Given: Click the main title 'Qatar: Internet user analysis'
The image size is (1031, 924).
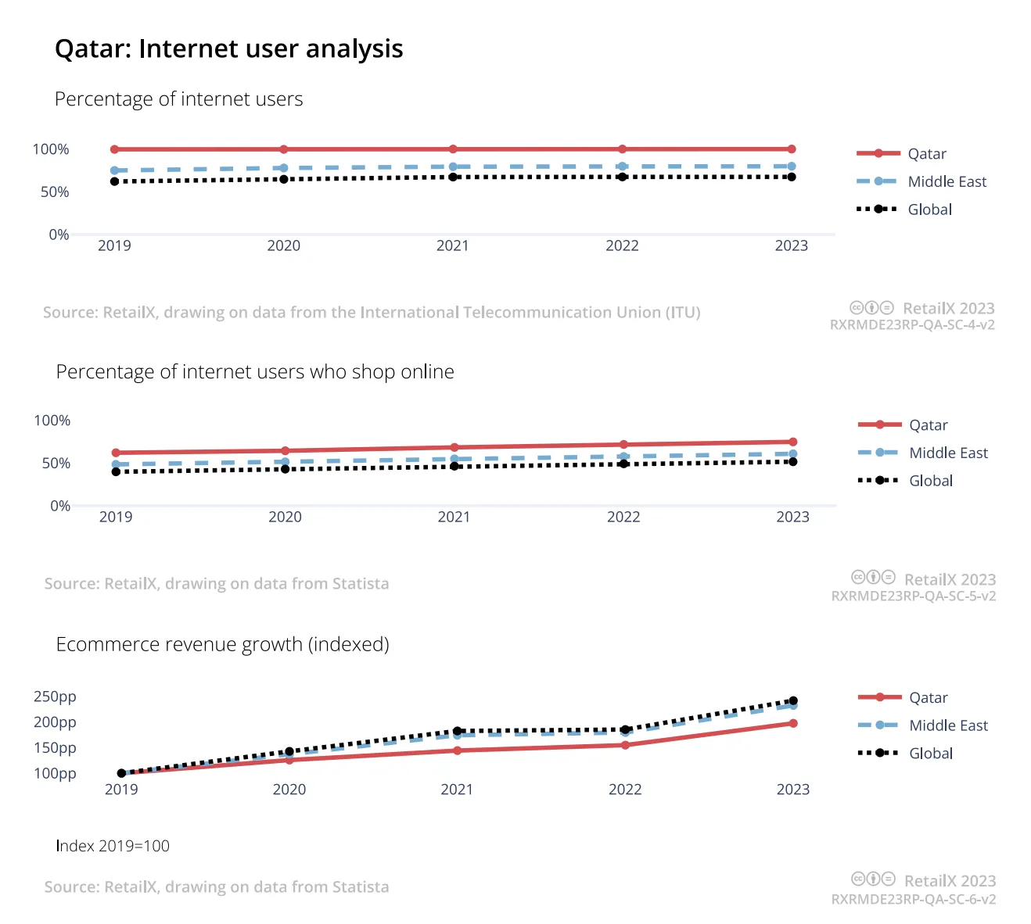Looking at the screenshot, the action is point(228,48).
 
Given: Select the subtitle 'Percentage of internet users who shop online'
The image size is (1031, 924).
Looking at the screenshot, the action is point(255,372).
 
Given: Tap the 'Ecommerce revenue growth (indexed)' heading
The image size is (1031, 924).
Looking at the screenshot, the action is point(222,644).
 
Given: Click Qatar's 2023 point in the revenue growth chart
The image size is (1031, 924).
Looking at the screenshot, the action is point(793,723).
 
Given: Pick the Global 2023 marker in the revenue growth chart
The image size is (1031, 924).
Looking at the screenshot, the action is point(793,700).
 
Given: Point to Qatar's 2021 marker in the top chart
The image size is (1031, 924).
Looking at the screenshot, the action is point(453,149).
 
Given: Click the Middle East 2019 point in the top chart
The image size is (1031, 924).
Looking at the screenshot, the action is point(114,170).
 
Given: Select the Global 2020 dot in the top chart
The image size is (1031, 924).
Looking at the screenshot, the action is point(284,180).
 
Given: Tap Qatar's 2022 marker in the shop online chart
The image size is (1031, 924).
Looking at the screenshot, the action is point(623,445).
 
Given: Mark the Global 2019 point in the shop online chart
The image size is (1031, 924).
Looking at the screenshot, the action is point(116,472).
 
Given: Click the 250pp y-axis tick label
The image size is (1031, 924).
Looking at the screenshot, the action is point(55,697).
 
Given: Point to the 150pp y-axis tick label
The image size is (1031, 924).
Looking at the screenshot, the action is point(55,747).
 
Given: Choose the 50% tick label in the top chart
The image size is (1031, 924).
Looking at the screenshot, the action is point(55,192).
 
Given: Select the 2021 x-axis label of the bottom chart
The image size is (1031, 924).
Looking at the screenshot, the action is point(457,790).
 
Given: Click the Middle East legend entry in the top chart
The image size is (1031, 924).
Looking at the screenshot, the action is point(921,181).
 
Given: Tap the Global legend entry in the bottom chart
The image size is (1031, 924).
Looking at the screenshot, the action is point(905,753).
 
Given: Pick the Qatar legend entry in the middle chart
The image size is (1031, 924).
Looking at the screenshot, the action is point(903,424).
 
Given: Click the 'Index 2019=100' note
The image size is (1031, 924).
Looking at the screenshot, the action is point(113,846).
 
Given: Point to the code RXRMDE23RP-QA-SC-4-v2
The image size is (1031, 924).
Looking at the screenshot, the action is point(912,325).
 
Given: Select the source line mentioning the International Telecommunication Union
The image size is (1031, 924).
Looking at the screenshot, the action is point(372,312).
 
